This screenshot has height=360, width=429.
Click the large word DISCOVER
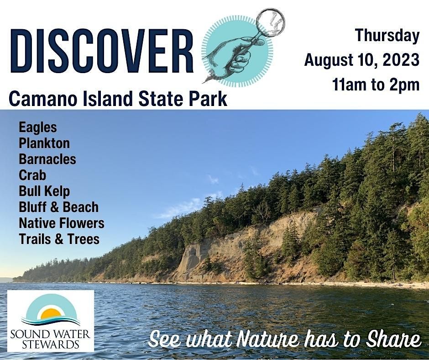102,51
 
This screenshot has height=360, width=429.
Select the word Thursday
387,36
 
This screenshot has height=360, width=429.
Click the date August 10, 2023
361,60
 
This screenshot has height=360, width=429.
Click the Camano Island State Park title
118,99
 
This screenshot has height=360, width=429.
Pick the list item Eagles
38,127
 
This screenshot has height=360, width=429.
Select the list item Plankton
44,143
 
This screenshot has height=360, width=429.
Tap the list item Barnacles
47,159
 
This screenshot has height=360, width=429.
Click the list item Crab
32,175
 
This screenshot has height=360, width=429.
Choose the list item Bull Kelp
44,191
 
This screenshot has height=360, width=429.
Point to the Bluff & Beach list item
58,207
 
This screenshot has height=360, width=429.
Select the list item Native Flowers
62,223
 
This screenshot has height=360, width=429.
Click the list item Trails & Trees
59,239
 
